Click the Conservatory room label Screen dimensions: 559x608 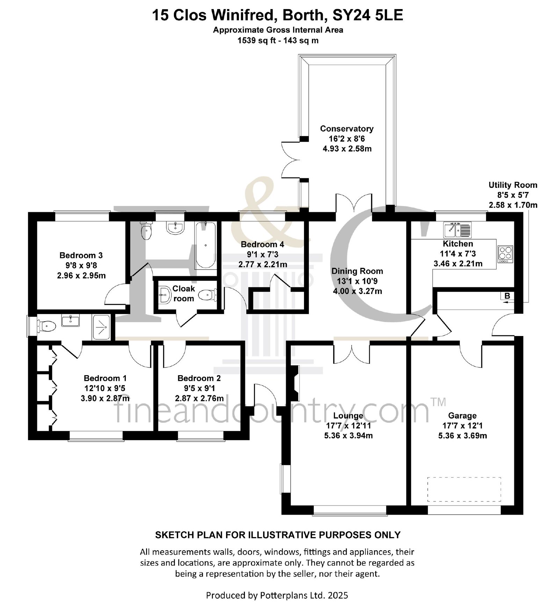(347, 129)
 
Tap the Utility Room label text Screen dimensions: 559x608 (513, 185)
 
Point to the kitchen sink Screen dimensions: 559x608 (457, 229)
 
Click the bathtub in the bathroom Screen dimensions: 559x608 (205, 245)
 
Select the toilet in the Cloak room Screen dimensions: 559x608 (208, 295)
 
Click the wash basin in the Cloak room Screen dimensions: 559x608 (164, 295)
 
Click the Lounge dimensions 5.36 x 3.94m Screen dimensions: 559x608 (348, 436)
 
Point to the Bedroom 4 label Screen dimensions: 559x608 (262, 244)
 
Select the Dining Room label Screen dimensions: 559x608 (357, 271)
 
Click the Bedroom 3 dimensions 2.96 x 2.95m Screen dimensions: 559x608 (81, 276)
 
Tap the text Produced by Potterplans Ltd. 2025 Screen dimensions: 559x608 (277, 595)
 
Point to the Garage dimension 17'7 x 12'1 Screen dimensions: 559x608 (462, 425)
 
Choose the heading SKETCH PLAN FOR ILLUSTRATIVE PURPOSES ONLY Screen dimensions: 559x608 (277, 535)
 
